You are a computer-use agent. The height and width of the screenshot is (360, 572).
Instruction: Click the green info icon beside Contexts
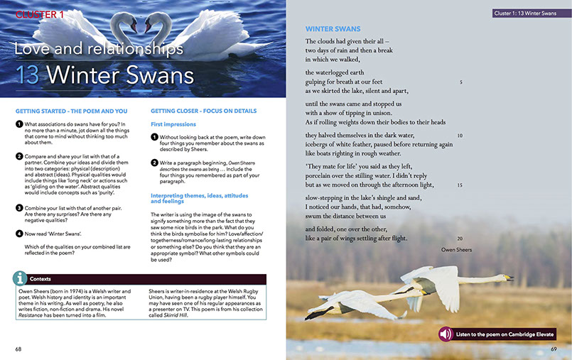click(x=22, y=278)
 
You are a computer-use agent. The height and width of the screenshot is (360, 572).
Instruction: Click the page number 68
click(x=19, y=349)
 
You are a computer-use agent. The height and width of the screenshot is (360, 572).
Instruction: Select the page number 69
click(x=552, y=349)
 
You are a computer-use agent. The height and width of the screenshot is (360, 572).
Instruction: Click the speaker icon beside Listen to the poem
click(x=446, y=334)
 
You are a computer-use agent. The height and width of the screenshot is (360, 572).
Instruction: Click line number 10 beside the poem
click(x=460, y=136)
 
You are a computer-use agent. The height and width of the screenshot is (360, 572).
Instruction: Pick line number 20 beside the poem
click(x=460, y=239)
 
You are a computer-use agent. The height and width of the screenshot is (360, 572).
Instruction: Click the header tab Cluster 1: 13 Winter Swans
click(x=526, y=13)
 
